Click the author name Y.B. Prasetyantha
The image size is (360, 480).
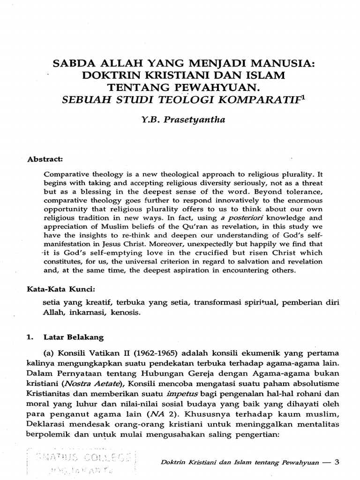click(x=180, y=120)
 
